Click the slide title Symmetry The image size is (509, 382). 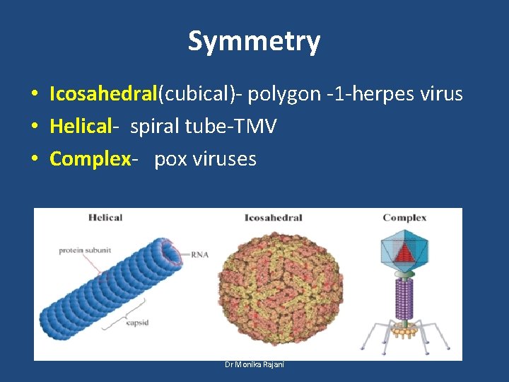tap(254, 41)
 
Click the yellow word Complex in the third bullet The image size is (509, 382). tap(90, 158)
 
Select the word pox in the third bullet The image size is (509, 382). tap(170, 158)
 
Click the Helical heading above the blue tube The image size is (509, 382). tap(105, 218)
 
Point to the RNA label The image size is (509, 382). tap(199, 257)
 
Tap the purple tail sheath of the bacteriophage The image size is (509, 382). tap(404, 300)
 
